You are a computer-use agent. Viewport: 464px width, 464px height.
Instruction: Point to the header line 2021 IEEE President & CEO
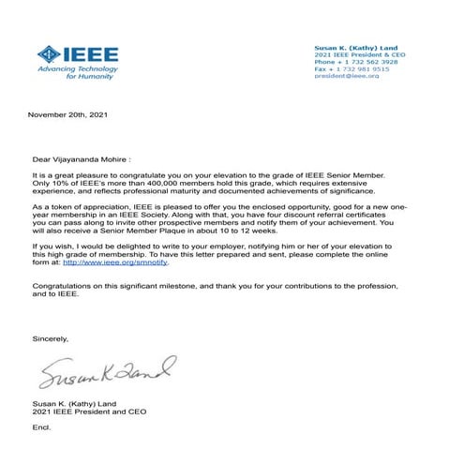coord(357,54)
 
